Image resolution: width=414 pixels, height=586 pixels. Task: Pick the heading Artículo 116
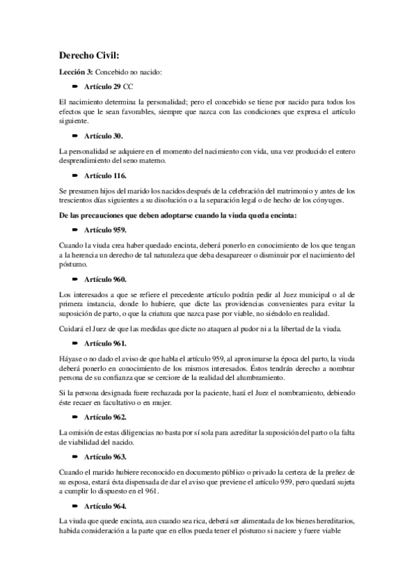106,176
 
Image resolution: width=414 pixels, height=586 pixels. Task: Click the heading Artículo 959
106,230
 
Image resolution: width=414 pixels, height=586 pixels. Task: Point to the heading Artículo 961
106,343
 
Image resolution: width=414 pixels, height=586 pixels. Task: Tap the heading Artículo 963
106,457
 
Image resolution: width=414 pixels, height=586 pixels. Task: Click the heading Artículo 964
106,506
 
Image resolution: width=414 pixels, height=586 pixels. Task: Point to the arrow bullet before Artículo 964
75,506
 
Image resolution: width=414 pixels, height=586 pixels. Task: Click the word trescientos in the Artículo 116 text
78,201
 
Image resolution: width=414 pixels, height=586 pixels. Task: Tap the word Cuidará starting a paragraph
73,327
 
